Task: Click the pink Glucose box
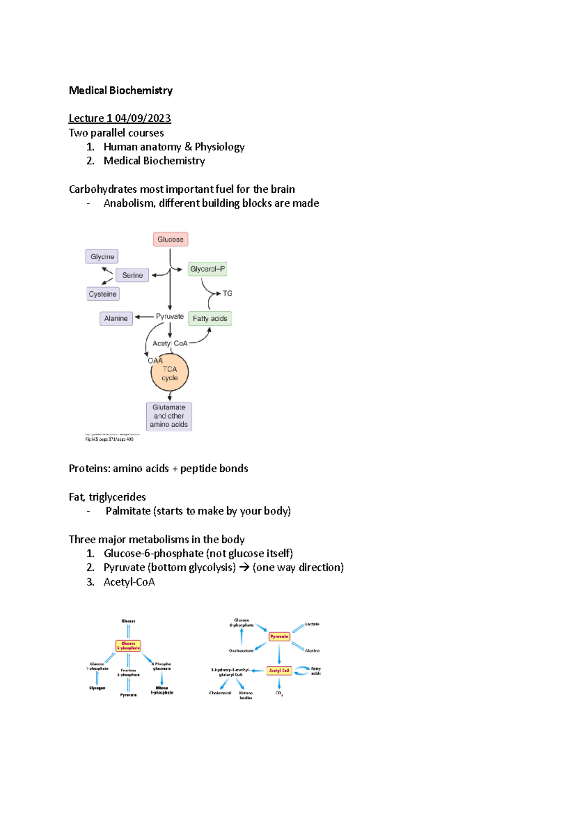pos(170,239)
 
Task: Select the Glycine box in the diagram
pos(102,256)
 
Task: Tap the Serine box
pos(132,275)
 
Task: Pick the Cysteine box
pos(103,294)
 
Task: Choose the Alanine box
pos(116,318)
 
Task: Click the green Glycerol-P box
pos(207,269)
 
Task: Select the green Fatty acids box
pos(210,318)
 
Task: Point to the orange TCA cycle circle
pos(170,373)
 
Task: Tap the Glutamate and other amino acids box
pos(169,416)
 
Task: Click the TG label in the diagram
pos(227,293)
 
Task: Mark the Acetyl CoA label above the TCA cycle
pos(170,343)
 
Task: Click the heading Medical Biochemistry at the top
pos(121,90)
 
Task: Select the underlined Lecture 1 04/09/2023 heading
pos(120,118)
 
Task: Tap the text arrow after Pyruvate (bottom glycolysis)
pos(244,568)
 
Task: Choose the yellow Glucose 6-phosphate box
pos(128,646)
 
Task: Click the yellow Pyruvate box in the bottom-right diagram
pos(279,637)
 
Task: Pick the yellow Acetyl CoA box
pos(279,671)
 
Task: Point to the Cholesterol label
pos(220,693)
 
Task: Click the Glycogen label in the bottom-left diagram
pos(97,688)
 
